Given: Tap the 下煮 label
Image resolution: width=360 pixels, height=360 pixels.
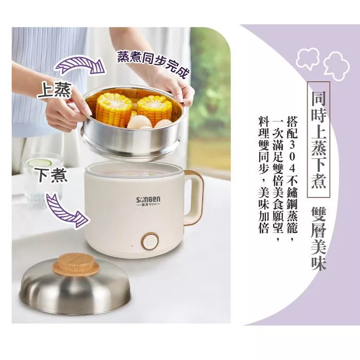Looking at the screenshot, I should click(x=54, y=175).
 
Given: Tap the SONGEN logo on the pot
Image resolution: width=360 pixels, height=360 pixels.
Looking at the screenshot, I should click(x=148, y=200).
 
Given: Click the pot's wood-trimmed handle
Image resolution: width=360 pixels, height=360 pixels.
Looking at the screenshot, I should click(x=194, y=197).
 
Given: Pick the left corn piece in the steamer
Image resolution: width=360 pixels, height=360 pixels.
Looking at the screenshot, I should click(x=114, y=110).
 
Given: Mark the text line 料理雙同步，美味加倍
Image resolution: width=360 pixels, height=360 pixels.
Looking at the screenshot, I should click(x=264, y=175).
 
